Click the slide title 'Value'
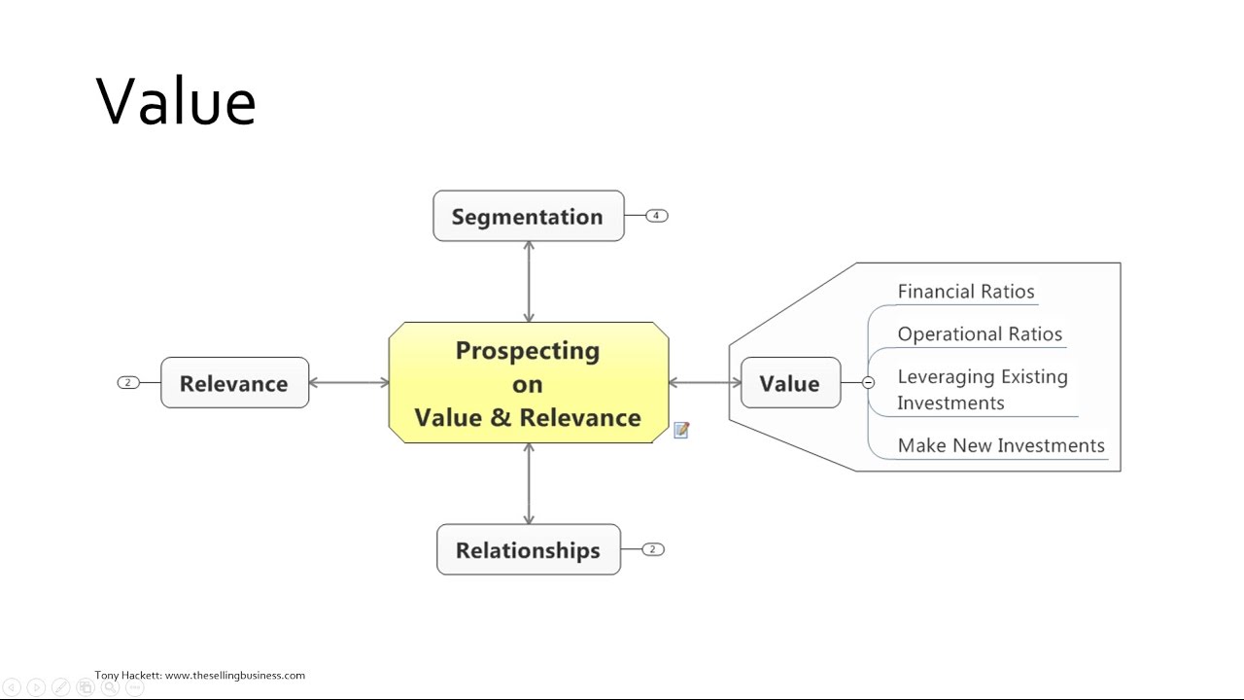pyautogui.click(x=176, y=101)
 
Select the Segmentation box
pyautogui.click(x=528, y=216)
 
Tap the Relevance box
pyautogui.click(x=234, y=383)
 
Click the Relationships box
pyautogui.click(x=528, y=550)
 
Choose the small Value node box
pyautogui.click(x=789, y=383)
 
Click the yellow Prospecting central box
pyautogui.click(x=528, y=383)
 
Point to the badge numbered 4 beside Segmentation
pyautogui.click(x=657, y=216)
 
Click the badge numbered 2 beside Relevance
pyautogui.click(x=128, y=383)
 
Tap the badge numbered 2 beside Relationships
pyautogui.click(x=653, y=549)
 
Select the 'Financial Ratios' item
pyautogui.click(x=966, y=292)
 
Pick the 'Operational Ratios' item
pyautogui.click(x=980, y=334)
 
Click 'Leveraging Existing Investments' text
pyautogui.click(x=982, y=390)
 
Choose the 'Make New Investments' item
pyautogui.click(x=1001, y=445)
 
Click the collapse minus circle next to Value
pyautogui.click(x=868, y=383)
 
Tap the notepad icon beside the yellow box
pyautogui.click(x=681, y=430)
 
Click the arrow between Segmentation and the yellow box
pyautogui.click(x=529, y=282)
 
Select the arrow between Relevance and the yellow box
pyautogui.click(x=349, y=383)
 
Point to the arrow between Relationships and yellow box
pyautogui.click(x=529, y=484)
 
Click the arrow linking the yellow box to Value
pyautogui.click(x=705, y=383)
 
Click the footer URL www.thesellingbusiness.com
pyautogui.click(x=235, y=675)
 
